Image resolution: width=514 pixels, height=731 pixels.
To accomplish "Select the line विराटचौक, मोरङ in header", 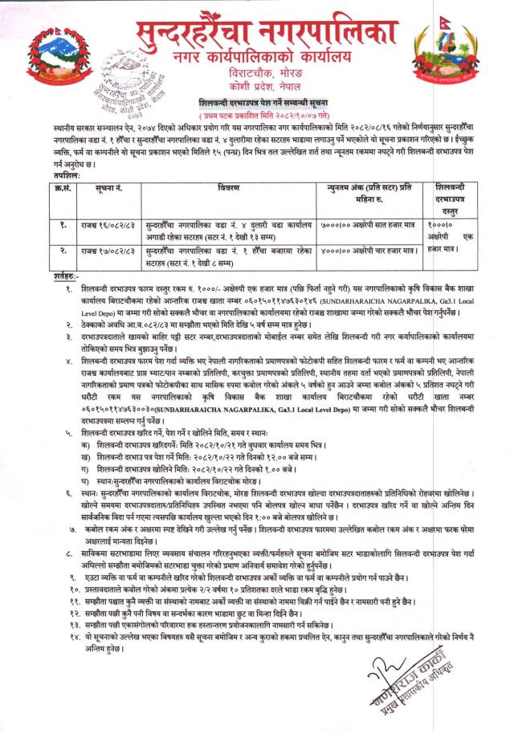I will click(266, 71).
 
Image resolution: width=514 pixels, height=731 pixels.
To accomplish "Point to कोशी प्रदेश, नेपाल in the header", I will click(266, 84).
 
